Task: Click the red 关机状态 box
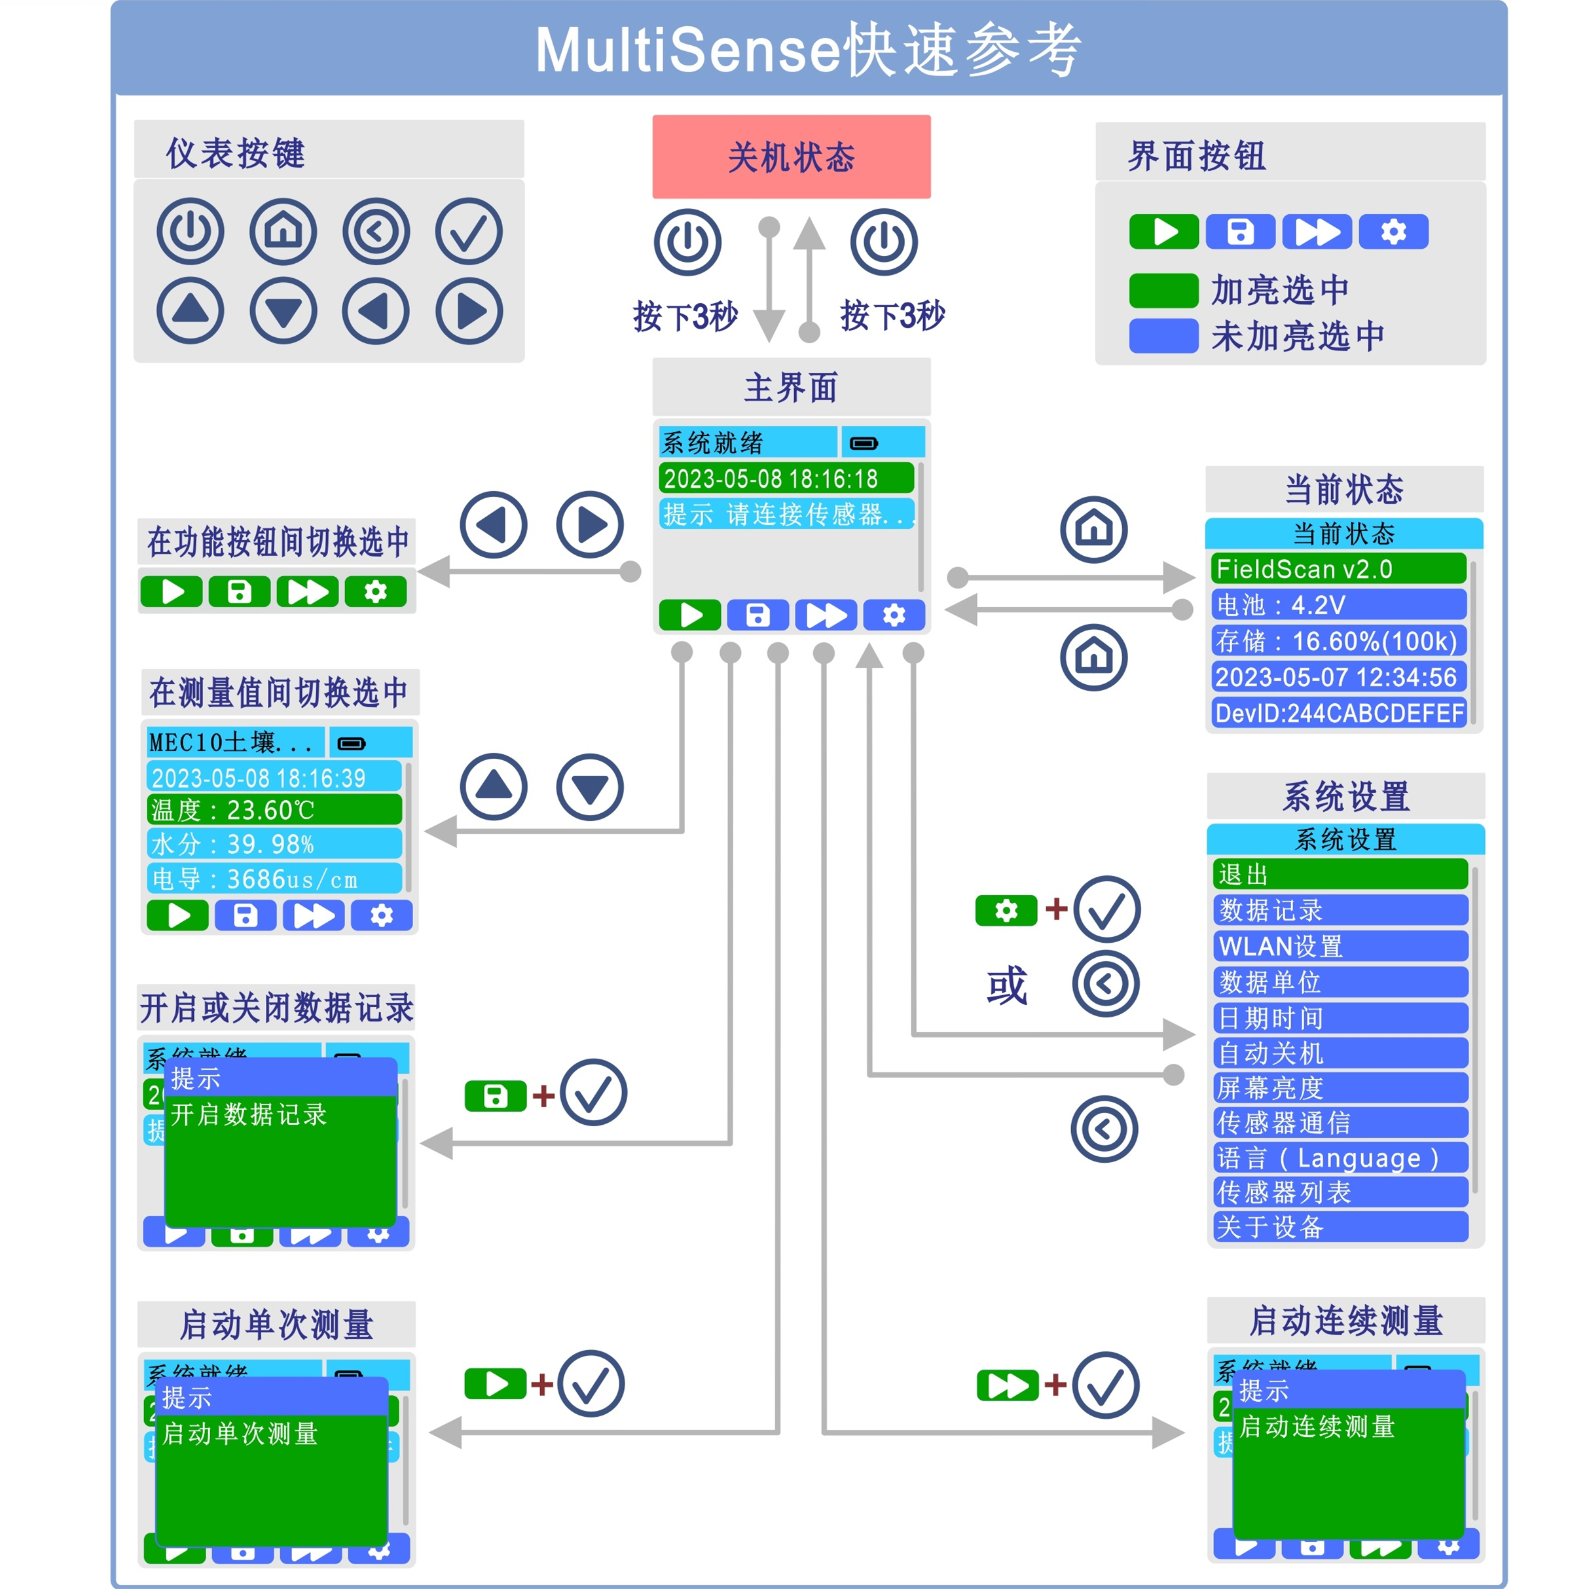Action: coord(791,156)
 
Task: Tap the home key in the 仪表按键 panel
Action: coord(283,231)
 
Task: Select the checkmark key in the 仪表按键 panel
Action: coord(469,231)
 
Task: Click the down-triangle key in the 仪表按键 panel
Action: coord(283,311)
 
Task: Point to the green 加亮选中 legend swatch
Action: coord(1163,290)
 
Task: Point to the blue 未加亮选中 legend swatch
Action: coord(1163,337)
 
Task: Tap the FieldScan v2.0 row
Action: coord(1338,568)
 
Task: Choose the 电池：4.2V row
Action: coord(1338,604)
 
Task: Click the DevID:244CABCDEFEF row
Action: coord(1338,712)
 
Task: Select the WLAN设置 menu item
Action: coord(1340,946)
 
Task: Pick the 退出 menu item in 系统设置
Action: coord(1340,874)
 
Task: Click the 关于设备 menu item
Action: coord(1340,1226)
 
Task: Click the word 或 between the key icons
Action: coord(1007,985)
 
